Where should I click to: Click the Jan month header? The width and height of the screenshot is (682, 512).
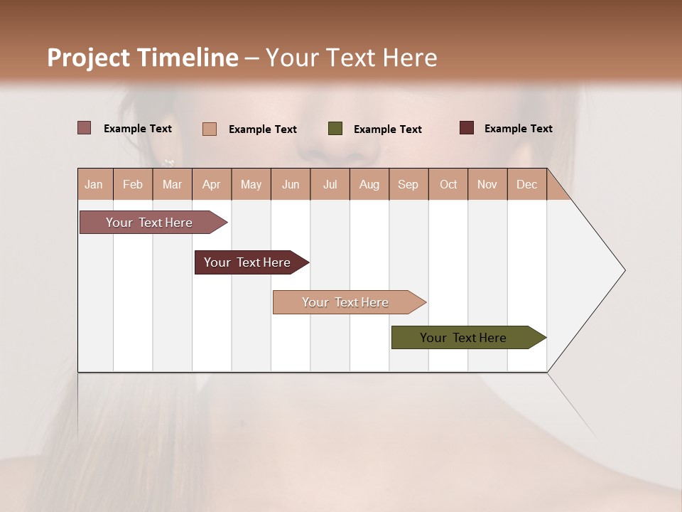94,184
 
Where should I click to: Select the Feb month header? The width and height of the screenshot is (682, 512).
133,184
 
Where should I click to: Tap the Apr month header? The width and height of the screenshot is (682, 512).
212,184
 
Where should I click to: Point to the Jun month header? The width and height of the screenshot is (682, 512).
291,184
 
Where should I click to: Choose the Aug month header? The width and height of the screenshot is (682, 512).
369,184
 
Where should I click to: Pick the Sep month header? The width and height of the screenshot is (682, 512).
408,184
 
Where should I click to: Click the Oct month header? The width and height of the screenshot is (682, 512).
448,184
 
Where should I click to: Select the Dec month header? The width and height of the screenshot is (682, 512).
527,184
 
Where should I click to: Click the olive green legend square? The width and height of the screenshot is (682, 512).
335,129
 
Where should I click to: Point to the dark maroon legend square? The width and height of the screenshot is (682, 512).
467,128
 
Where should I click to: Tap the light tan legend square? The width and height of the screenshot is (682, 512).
210,129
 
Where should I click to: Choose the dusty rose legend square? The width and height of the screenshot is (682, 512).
85,128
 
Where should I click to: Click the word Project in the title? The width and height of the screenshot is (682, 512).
89,58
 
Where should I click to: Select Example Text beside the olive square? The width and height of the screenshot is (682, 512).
387,129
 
